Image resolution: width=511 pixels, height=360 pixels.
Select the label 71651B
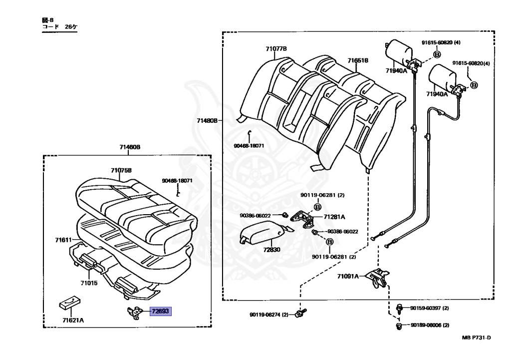[x=358, y=60]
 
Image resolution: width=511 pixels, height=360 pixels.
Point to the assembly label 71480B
[x=207, y=120]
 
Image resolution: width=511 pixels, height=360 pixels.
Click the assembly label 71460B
[x=130, y=147]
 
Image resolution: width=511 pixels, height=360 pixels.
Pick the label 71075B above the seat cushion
[x=121, y=170]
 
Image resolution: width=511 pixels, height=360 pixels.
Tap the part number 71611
[x=64, y=240]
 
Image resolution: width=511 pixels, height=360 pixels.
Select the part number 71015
[x=90, y=283]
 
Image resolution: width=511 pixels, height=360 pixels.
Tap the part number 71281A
[x=334, y=217]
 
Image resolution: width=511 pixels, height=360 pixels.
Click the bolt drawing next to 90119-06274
[x=299, y=314]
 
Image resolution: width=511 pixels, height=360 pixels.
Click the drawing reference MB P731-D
[x=476, y=337]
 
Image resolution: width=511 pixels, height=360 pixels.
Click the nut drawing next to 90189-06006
[x=399, y=326]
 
